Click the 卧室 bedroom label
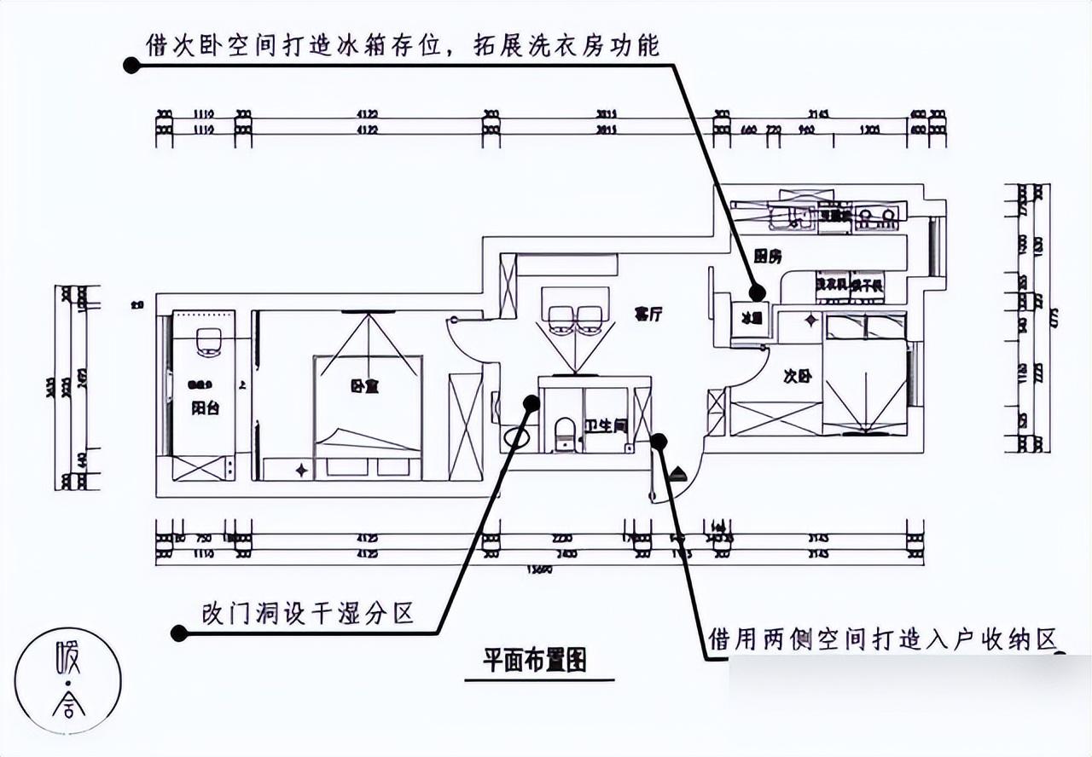364,386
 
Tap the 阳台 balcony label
205,407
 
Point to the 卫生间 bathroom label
606,424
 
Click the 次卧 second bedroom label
795,375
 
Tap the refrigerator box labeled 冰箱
751,319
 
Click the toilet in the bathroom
564,432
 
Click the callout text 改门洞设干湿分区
307,612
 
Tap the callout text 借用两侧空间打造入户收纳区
883,639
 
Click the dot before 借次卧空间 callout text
131,65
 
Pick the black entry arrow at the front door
677,474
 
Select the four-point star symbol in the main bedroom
302,470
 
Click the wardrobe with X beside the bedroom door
466,426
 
